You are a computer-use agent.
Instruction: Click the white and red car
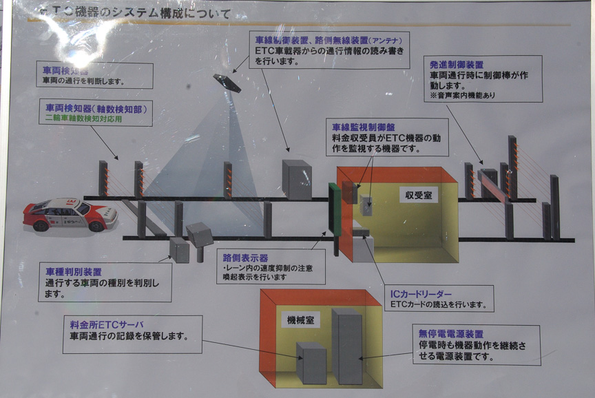click(x=70, y=214)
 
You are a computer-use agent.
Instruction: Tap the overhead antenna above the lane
click(x=227, y=83)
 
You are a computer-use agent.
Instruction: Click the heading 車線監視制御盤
click(x=361, y=127)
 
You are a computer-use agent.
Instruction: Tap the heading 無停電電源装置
click(x=450, y=333)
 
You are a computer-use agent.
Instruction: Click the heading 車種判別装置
click(x=73, y=271)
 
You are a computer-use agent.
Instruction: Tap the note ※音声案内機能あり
click(x=462, y=95)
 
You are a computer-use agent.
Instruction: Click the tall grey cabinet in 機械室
click(x=346, y=346)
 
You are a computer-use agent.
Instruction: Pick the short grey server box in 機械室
click(x=311, y=362)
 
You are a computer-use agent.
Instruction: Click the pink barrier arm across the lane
click(x=490, y=187)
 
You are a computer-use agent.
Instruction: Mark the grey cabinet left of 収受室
click(x=297, y=180)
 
